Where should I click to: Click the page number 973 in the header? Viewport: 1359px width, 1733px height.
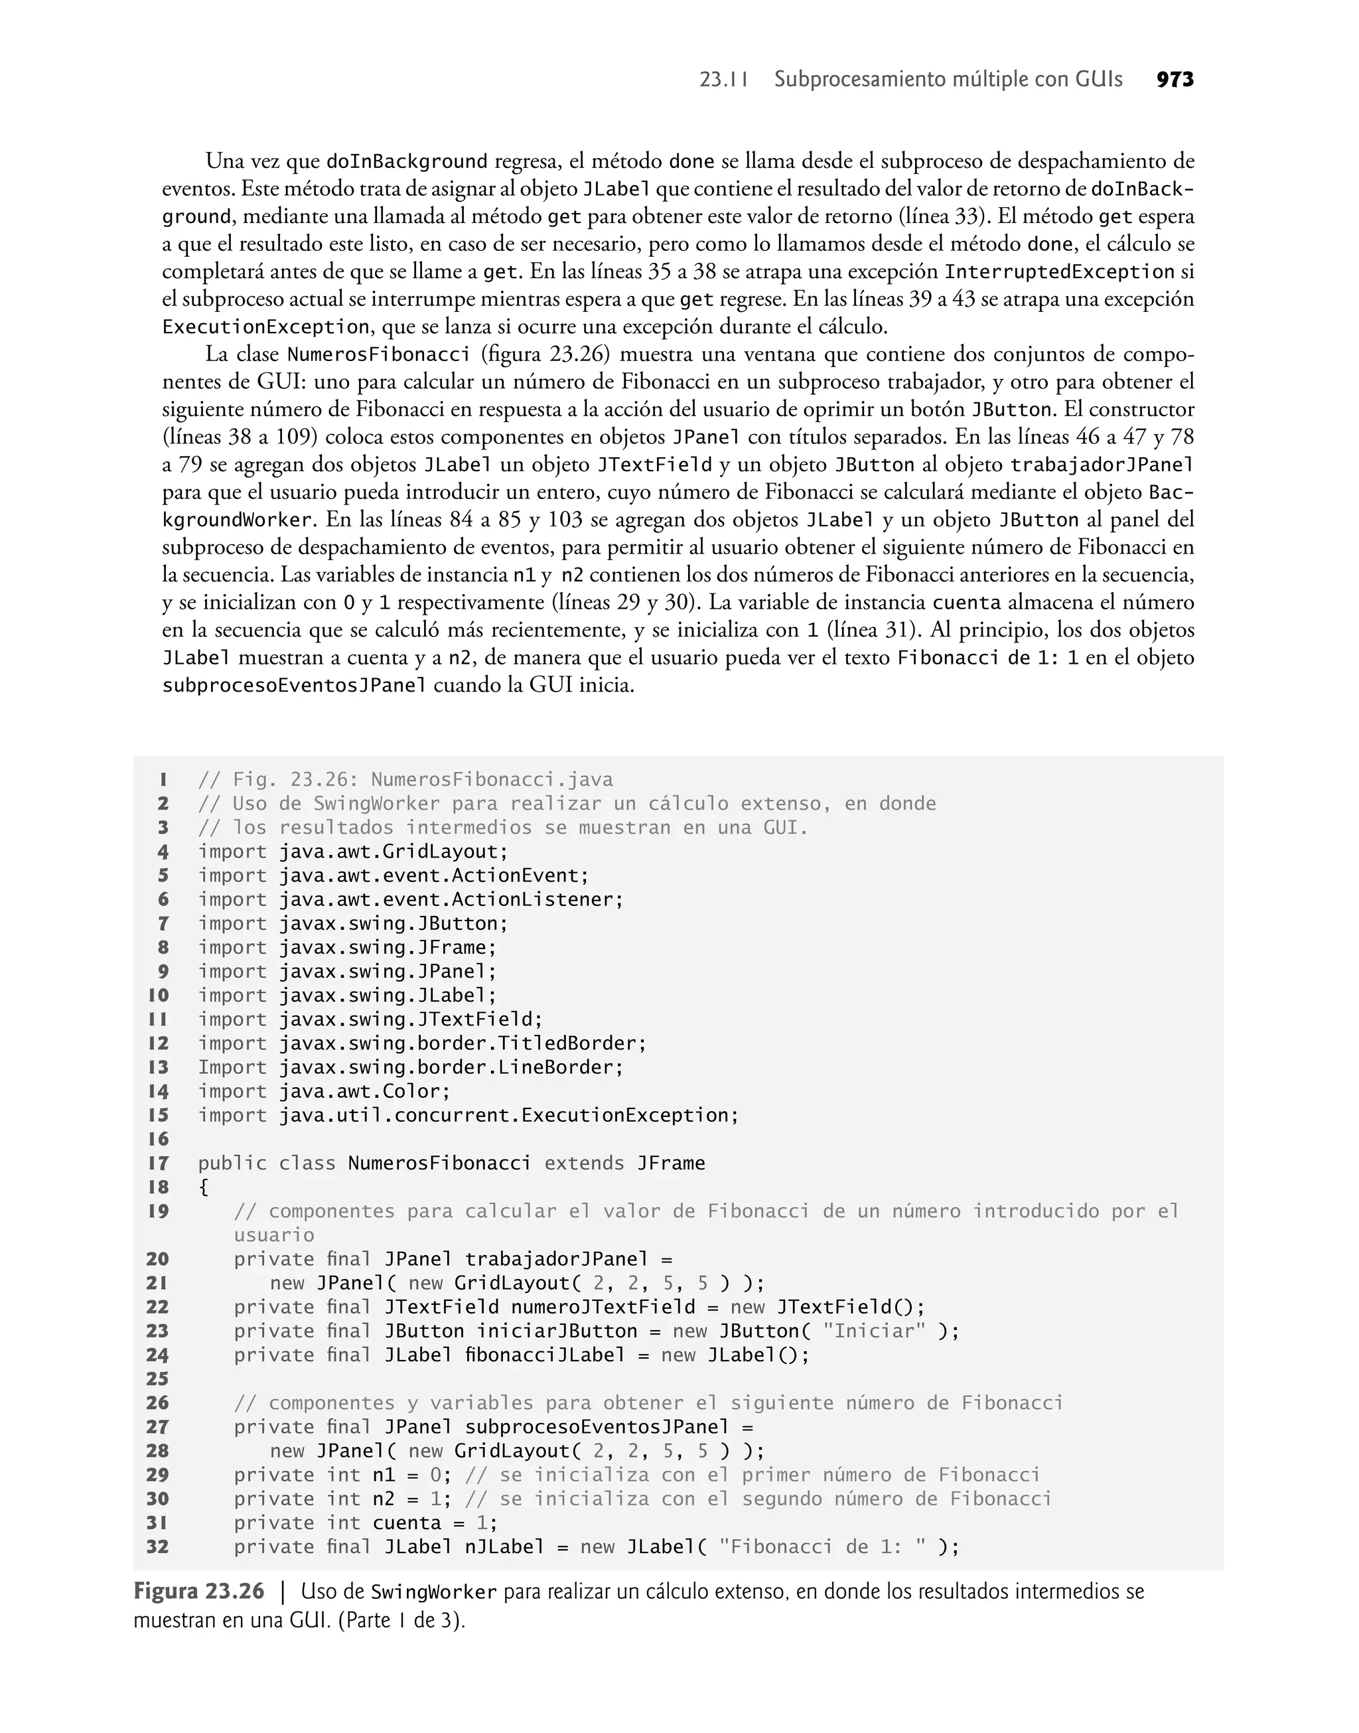pos(1175,80)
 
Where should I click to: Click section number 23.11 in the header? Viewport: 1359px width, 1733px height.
pos(723,80)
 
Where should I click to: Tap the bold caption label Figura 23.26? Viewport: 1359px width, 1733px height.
pos(198,1592)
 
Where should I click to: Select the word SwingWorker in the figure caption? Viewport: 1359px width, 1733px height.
pos(433,1592)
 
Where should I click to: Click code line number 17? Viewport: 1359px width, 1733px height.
pos(159,1164)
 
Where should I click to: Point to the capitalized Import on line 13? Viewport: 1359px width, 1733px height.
pos(232,1067)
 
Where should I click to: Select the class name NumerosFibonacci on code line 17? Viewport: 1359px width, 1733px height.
pos(439,1164)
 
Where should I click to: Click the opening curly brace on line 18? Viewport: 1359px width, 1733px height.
pos(204,1187)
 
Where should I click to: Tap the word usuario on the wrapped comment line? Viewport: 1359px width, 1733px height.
pos(273,1235)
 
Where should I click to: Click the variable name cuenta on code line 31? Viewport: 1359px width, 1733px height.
pos(407,1523)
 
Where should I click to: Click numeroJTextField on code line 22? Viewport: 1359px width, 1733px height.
pos(603,1308)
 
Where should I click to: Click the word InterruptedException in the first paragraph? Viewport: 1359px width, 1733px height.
pos(1059,272)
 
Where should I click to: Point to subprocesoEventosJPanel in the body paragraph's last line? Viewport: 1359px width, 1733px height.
pos(295,686)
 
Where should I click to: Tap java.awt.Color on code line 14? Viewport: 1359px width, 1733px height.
pos(364,1092)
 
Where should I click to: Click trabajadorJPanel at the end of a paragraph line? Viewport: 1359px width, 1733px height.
pos(1102,465)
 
